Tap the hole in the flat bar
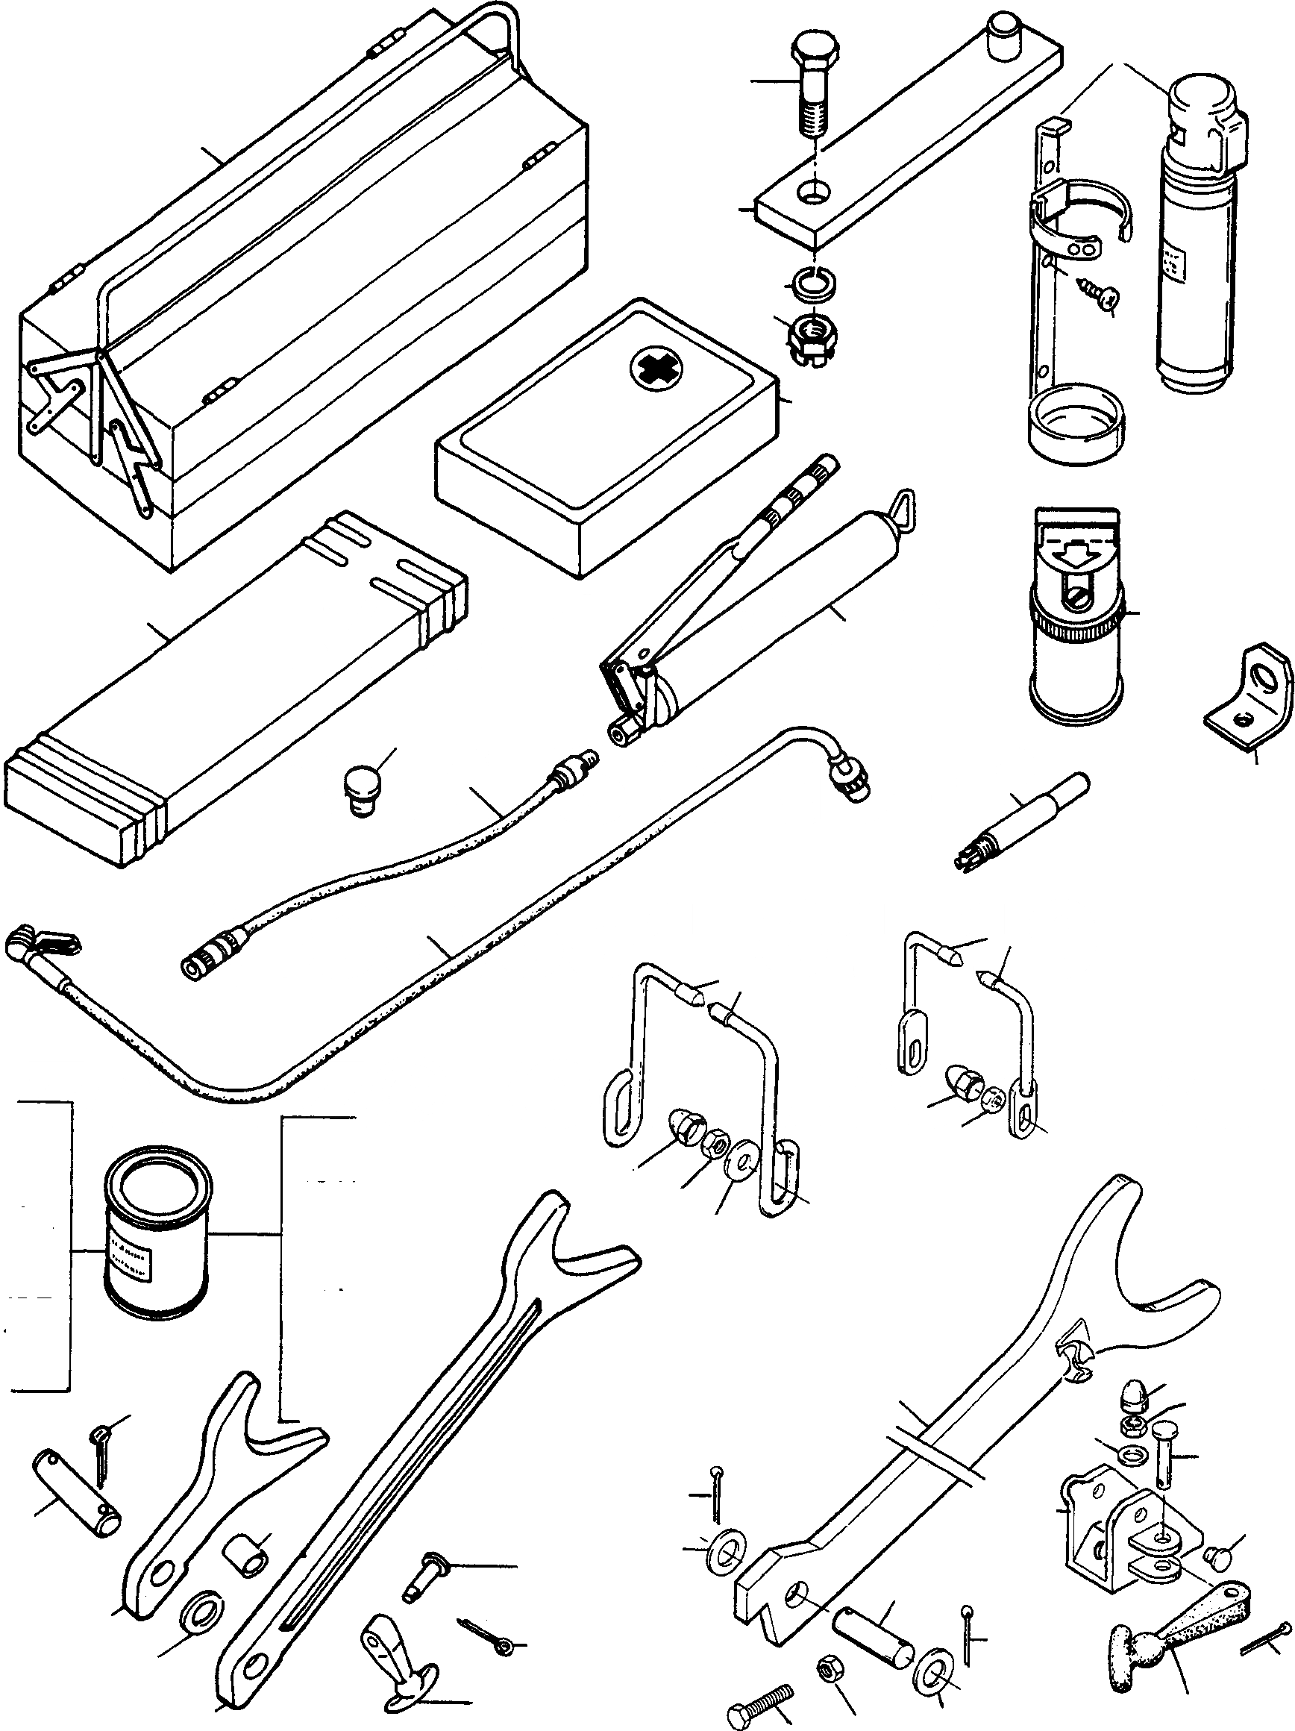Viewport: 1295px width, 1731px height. [x=815, y=192]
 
